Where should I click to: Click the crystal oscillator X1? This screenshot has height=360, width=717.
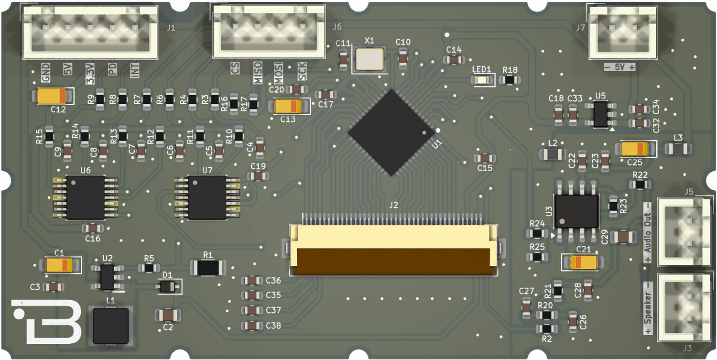click(369, 59)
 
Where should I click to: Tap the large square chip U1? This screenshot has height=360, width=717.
click(391, 132)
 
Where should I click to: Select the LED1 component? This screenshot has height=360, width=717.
click(481, 80)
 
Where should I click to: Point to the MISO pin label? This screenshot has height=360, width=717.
click(258, 73)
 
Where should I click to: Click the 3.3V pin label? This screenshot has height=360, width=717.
click(90, 73)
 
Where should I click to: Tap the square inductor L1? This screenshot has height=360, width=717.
click(111, 326)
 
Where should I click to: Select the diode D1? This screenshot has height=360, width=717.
click(167, 287)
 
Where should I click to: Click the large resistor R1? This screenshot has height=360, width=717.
click(208, 268)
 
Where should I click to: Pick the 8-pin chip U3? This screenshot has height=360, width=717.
click(576, 211)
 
